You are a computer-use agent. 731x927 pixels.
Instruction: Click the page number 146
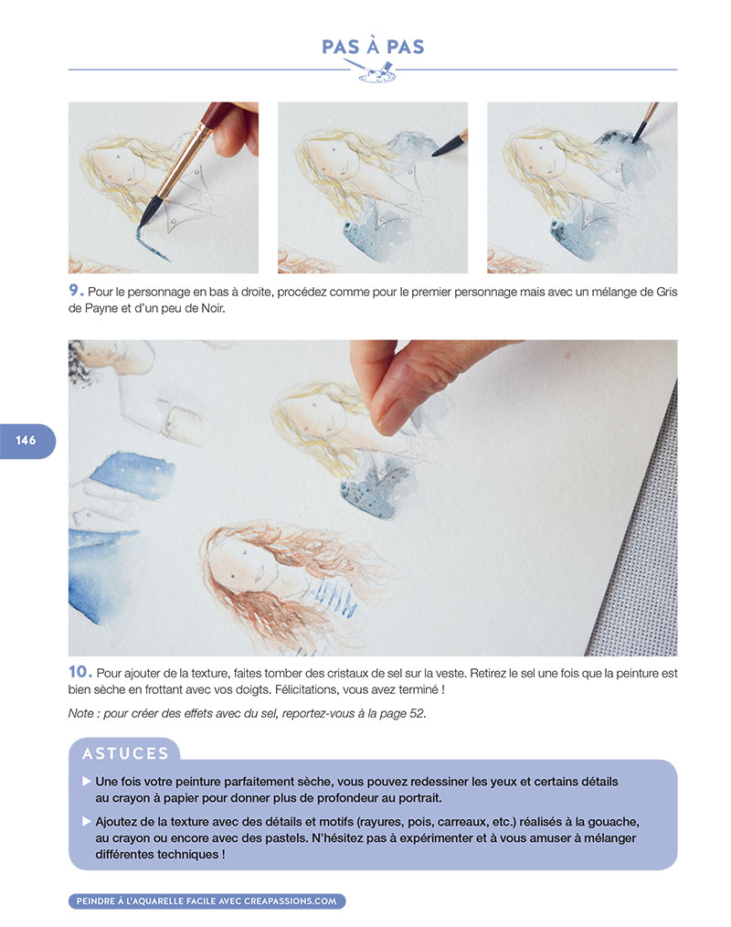26,441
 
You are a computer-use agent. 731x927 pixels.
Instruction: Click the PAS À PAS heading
373,47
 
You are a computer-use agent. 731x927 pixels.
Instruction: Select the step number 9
76,291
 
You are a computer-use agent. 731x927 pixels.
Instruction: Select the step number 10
79,672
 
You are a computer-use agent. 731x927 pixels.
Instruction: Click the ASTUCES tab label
125,753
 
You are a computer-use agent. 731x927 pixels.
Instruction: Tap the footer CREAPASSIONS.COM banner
207,901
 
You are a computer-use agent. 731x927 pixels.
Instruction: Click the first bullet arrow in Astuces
87,782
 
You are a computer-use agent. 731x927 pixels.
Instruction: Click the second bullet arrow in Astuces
87,822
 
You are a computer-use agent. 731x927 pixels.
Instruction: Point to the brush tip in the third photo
634,140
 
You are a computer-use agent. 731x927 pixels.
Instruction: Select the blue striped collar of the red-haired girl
333,598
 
